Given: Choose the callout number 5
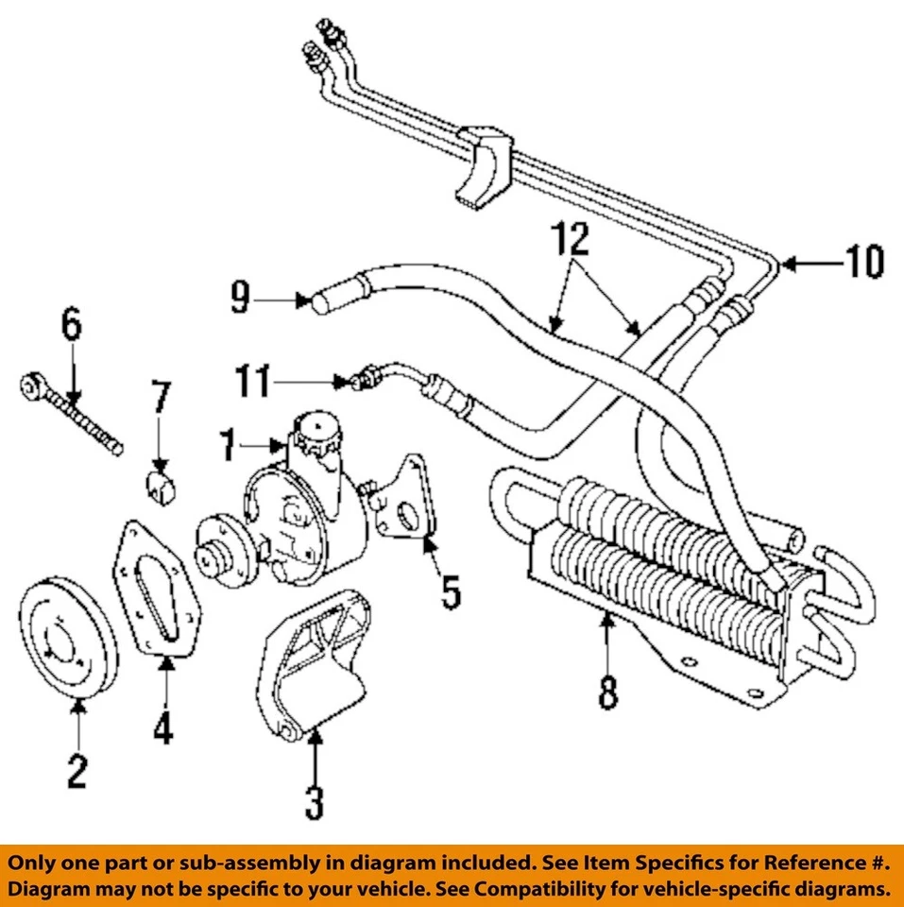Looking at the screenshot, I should tap(450, 592).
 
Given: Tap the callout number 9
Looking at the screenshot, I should tap(241, 300).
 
